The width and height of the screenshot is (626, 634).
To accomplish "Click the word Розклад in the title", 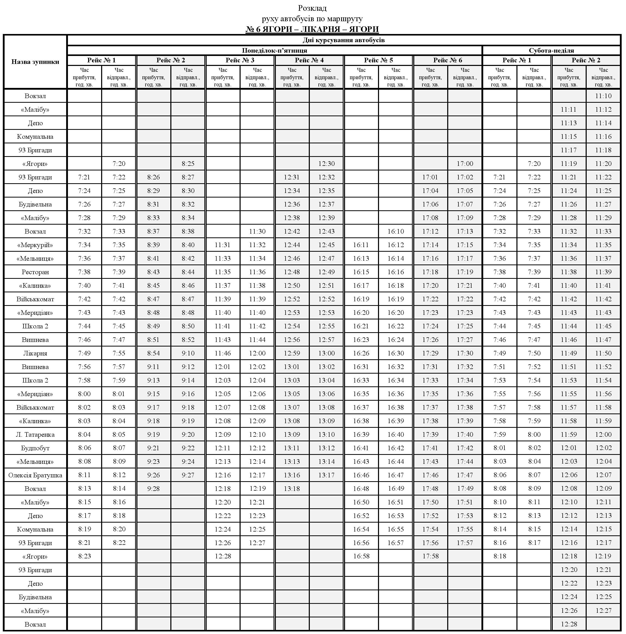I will (312, 8).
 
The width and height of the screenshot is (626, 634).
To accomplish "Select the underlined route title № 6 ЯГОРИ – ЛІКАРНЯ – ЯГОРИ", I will (312, 29).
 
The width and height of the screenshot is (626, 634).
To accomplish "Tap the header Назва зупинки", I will (35, 62).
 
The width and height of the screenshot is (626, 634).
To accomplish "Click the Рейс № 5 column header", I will (378, 60).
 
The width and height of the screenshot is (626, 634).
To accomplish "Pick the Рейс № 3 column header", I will (240, 60).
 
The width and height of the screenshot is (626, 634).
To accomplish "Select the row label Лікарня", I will (35, 353).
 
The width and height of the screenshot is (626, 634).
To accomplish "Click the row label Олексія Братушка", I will (35, 475).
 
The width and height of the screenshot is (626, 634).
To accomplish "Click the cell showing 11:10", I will (603, 96).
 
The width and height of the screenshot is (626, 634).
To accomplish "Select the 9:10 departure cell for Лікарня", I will (188, 353).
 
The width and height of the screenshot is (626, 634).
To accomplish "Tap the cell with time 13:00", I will (326, 353).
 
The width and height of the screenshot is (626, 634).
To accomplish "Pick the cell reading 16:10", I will (395, 231).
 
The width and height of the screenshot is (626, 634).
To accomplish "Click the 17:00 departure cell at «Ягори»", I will (465, 164).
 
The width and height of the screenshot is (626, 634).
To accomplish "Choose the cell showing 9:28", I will (153, 489).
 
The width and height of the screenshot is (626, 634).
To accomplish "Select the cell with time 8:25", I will (188, 164).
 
